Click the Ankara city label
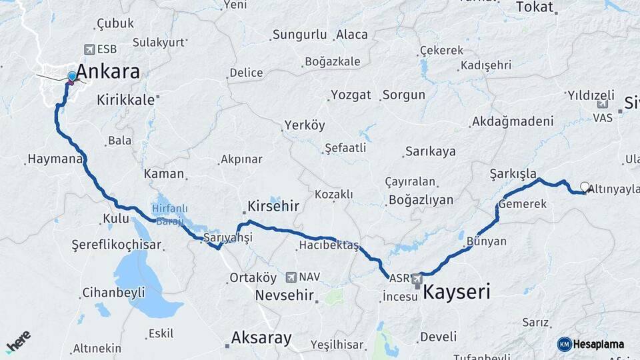107,72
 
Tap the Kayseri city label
457,291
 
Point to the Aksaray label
261,338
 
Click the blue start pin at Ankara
72,77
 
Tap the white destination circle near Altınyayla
585,187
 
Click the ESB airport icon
89,49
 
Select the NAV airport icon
291,277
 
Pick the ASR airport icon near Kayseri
417,278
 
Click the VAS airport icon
603,105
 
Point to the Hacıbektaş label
329,246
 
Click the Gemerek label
522,204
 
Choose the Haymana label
54,160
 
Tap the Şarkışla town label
513,173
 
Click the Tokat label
535,7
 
